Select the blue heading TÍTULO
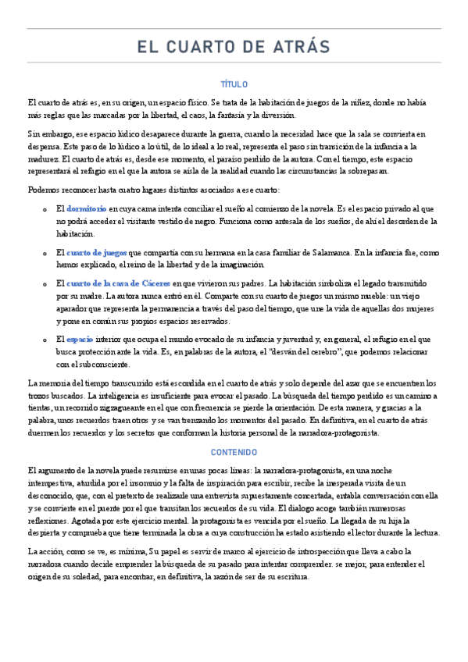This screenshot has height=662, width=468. (234, 84)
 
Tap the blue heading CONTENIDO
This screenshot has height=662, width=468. (234, 452)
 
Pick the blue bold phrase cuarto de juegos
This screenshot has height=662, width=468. (96, 253)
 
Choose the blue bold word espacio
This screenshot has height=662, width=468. (80, 340)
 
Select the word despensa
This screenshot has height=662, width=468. (46, 146)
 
